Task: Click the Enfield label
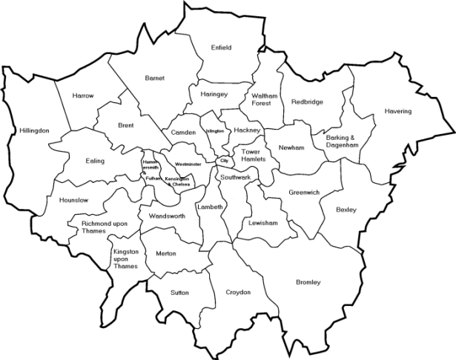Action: pos(221,47)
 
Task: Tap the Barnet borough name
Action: pos(155,78)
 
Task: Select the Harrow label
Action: pos(83,96)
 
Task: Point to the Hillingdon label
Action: pos(35,130)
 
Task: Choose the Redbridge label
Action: pos(307,101)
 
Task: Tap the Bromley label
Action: pos(308,282)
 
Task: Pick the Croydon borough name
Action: pos(238,293)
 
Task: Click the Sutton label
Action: pos(179,293)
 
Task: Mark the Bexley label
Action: pos(346,210)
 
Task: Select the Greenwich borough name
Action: pos(304,193)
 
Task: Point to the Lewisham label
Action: pos(263,223)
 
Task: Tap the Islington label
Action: pos(215,131)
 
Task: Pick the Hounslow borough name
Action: pos(73,200)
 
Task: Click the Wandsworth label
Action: pos(166,216)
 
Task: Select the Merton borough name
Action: pos(166,253)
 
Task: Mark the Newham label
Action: pos(291,148)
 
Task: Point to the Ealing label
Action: pos(95,161)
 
